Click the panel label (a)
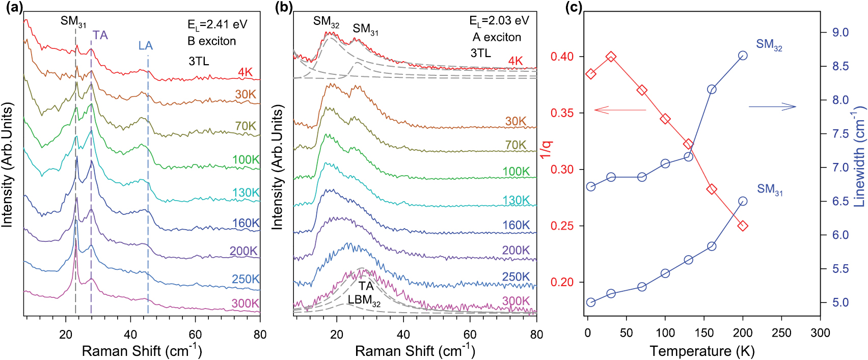coord(12,8)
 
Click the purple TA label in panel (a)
coord(100,35)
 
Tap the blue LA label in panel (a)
coord(145,46)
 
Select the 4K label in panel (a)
coord(245,72)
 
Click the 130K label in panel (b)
coord(516,200)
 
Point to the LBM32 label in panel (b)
coord(364,300)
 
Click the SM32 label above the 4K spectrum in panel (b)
coord(326,21)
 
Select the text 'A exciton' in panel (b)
coord(497,37)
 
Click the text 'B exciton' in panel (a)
coord(211,41)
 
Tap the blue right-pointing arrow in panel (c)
coord(772,106)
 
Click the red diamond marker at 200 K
coord(743,226)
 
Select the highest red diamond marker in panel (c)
coord(611,57)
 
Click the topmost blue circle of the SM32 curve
coord(743,56)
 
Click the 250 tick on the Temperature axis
coord(781,333)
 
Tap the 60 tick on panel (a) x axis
coord(195,334)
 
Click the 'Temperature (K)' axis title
coord(702,351)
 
